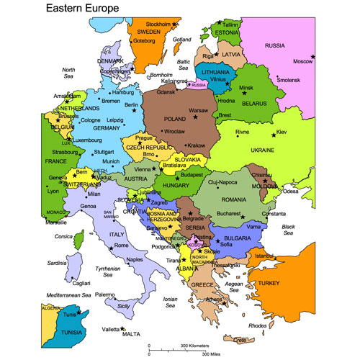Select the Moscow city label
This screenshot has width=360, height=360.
pyautogui.click(x=301, y=61)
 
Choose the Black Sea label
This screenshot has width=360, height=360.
pyautogui.click(x=289, y=230)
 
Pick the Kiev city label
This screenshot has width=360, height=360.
pyautogui.click(x=282, y=132)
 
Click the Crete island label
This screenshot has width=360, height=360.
pyautogui.click(x=240, y=339)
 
